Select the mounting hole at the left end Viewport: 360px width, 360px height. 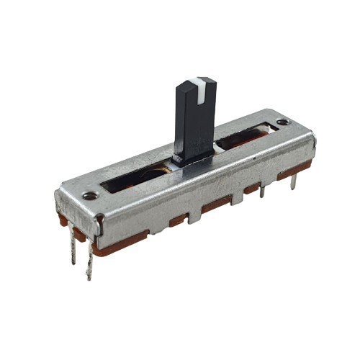(x=89, y=195)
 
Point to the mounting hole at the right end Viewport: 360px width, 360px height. (x=282, y=122)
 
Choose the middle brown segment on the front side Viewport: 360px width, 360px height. (x=216, y=205)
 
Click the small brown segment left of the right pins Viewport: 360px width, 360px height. (x=251, y=188)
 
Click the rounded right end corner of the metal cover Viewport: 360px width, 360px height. (x=311, y=138)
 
